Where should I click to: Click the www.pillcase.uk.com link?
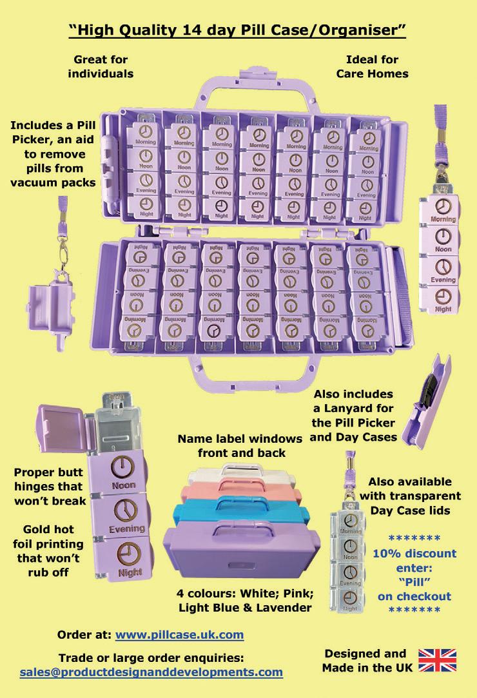click(x=179, y=634)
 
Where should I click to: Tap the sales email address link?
click(x=151, y=672)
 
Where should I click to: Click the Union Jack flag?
click(x=437, y=661)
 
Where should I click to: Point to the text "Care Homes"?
click(x=372, y=73)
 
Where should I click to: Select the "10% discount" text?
click(x=414, y=553)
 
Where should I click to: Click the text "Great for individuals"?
click(x=103, y=66)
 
